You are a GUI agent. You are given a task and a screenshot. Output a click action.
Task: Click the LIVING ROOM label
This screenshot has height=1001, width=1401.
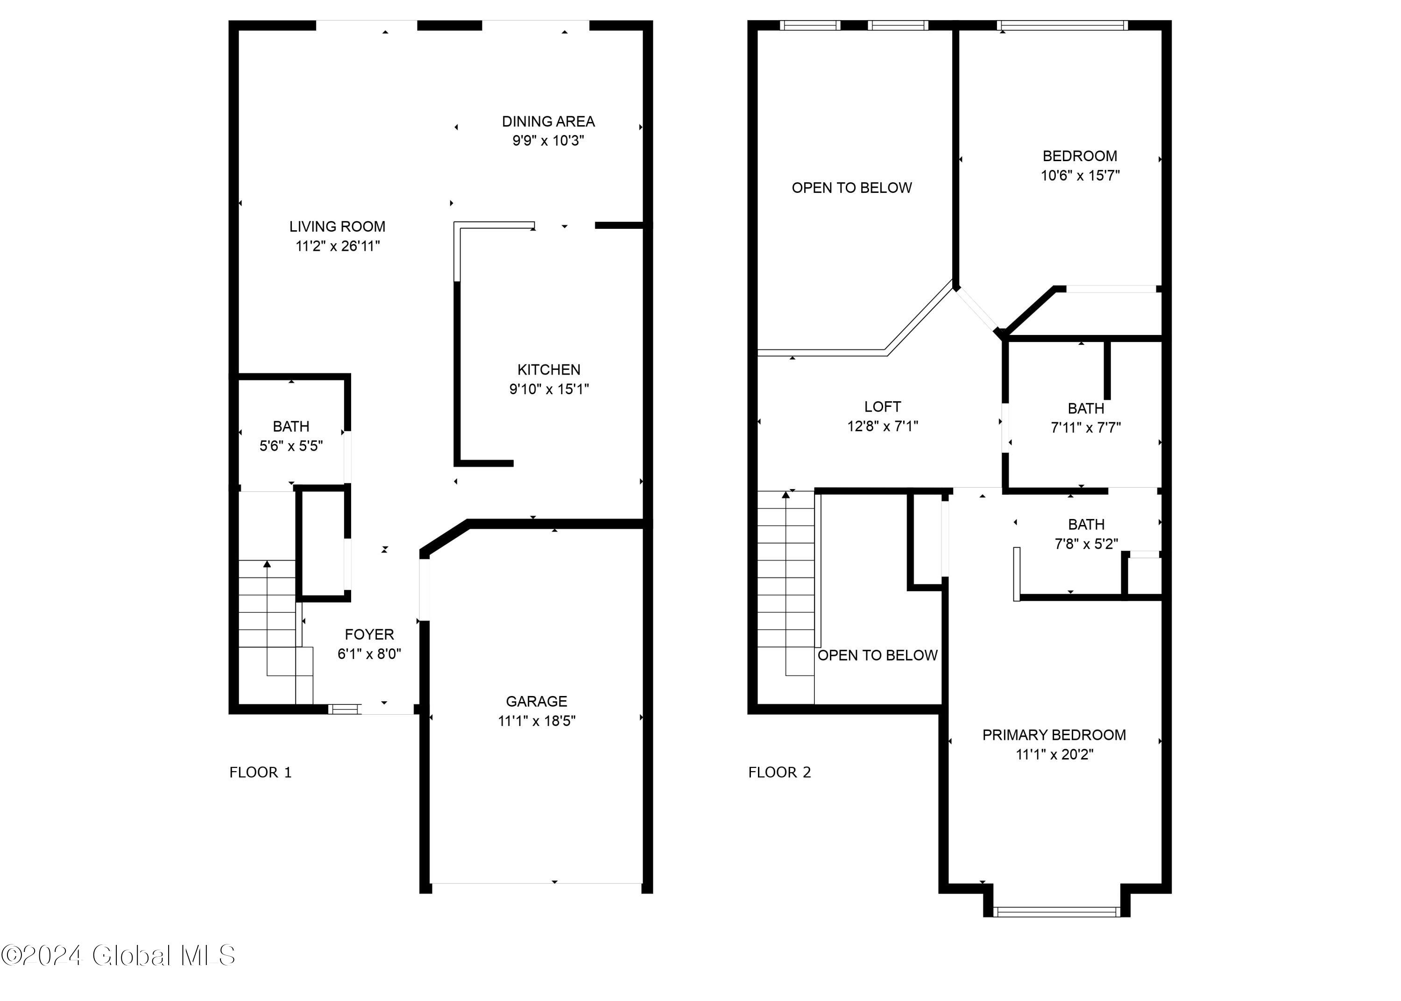point(337,226)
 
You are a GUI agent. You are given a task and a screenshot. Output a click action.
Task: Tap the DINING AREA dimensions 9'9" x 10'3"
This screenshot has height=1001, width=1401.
point(548,141)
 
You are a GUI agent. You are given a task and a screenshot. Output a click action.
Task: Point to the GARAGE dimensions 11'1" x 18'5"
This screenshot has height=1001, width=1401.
point(536,721)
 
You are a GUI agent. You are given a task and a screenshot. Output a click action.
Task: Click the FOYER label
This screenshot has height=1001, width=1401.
point(368,634)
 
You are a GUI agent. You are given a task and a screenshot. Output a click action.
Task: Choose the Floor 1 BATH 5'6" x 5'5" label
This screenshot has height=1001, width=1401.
point(291,426)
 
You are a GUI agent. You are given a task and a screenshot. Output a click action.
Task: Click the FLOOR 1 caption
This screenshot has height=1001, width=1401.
point(260,772)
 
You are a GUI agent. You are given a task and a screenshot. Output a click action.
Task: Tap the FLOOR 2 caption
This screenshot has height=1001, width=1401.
point(779,772)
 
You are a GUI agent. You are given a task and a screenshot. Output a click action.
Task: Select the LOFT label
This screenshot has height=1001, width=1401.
point(882,407)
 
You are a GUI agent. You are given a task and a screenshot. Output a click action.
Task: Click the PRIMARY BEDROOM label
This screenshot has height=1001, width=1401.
point(1054,735)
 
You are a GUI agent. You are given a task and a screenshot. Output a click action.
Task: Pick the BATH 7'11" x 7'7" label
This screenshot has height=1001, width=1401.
point(1086,409)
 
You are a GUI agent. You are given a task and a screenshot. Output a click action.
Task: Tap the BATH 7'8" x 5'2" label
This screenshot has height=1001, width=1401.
point(1086,525)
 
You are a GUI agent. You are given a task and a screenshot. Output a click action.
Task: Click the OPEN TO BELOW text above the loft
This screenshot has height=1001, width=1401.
point(851,188)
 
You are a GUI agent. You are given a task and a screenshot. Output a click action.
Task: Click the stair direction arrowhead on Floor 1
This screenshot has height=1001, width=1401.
point(267,564)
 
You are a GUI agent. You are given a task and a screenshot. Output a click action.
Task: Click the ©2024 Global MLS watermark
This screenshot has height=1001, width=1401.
point(118,955)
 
